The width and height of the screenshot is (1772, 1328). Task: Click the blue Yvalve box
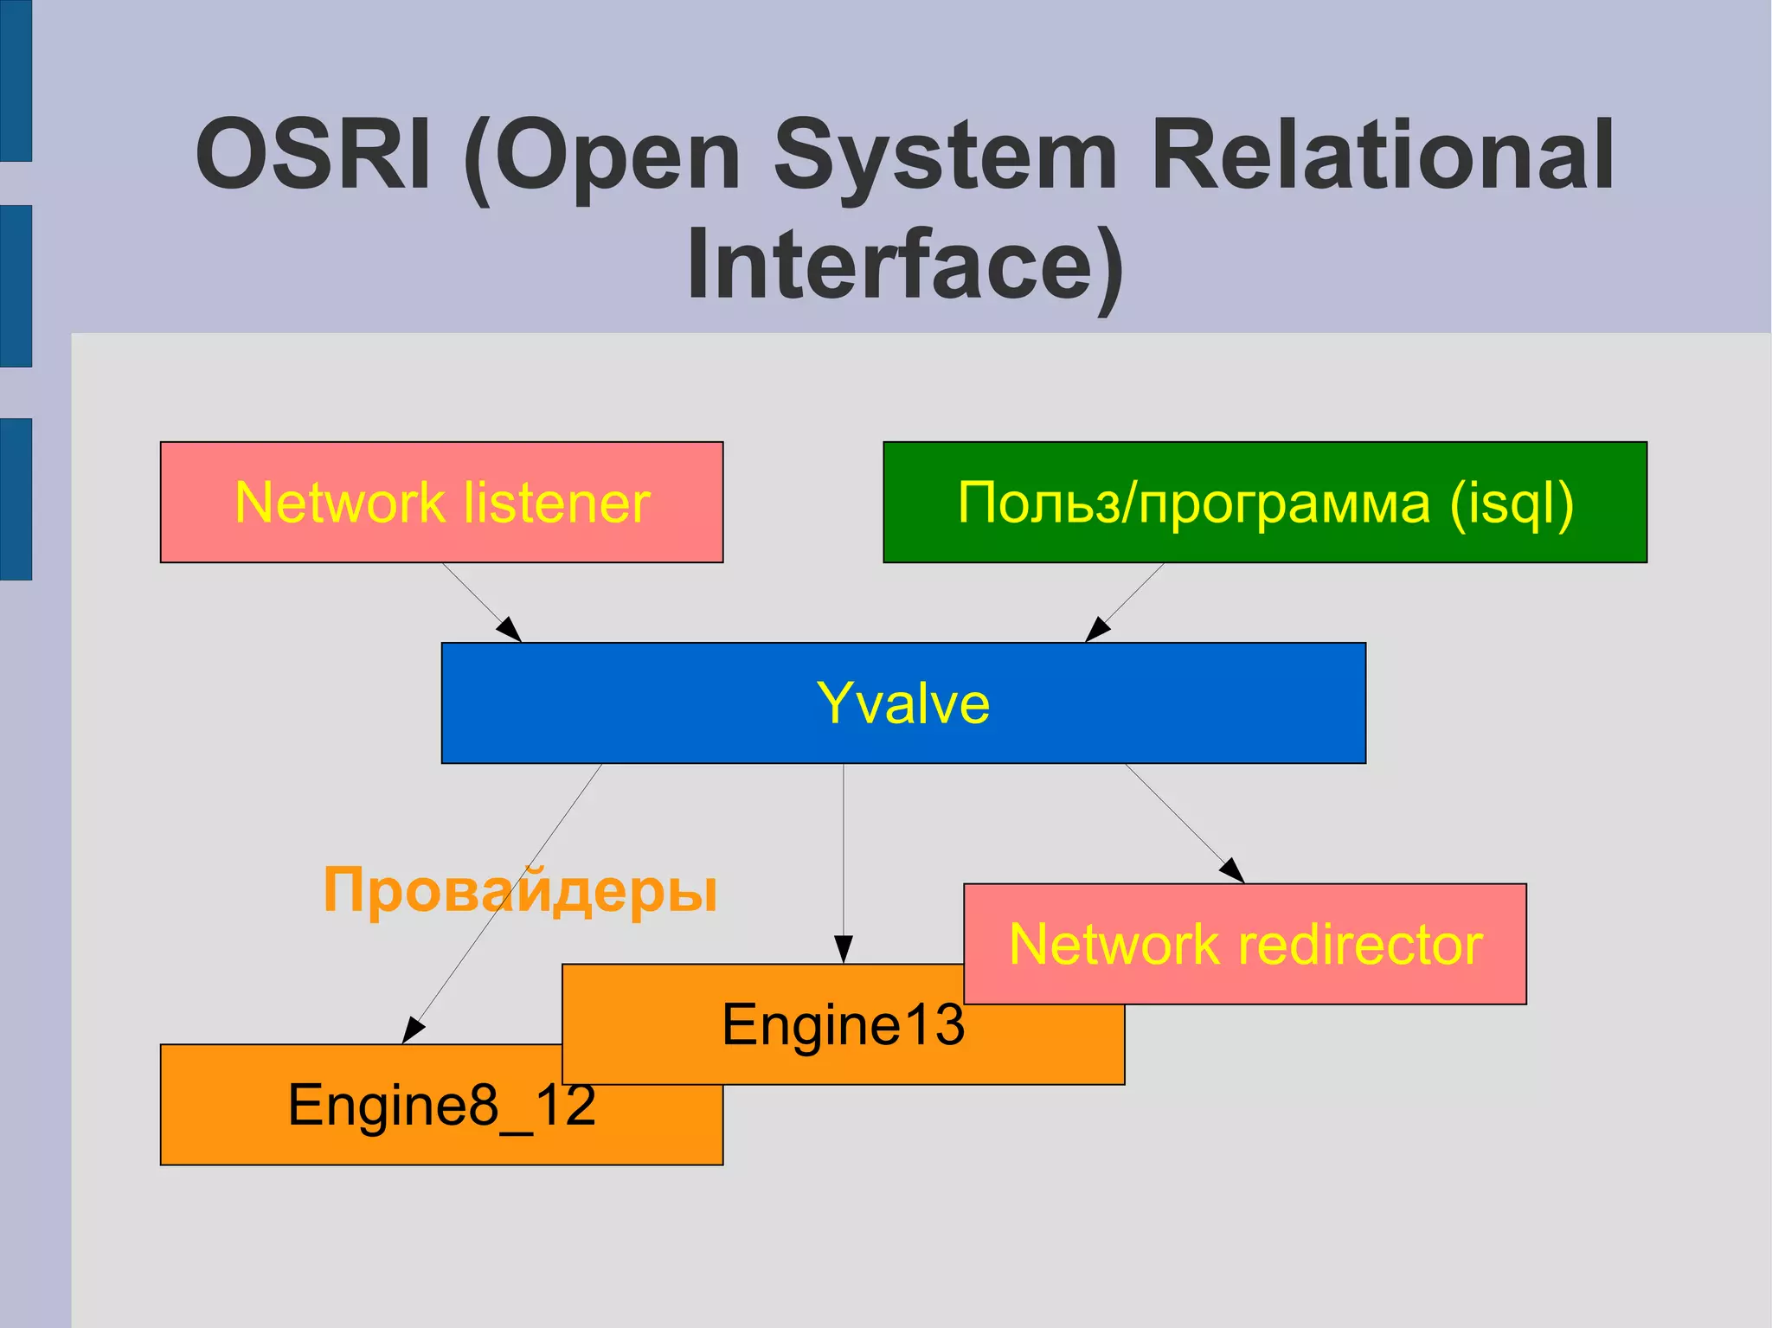(903, 702)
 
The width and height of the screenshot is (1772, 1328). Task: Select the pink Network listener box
(441, 503)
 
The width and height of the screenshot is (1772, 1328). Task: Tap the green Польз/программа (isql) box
(1264, 503)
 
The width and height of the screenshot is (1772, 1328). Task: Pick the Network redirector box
(1245, 944)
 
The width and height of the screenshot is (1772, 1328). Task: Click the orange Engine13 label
(843, 1024)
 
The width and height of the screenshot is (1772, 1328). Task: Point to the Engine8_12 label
(441, 1105)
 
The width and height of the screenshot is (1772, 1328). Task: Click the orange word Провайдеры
(520, 890)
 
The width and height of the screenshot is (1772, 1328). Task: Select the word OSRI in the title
(313, 156)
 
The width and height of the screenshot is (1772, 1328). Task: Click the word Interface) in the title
(904, 265)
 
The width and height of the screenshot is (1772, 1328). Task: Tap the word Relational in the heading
(1382, 156)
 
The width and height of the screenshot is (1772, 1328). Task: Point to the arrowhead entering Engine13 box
(843, 950)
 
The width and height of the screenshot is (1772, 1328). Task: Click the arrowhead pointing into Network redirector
(1233, 870)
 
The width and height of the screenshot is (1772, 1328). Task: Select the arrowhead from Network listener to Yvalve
(510, 630)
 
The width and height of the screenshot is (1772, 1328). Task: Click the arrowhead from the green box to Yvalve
(1097, 630)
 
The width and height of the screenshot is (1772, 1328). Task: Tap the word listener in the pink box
(556, 503)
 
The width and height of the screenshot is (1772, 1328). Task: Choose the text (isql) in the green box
(1511, 503)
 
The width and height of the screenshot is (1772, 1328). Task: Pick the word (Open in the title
(602, 156)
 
